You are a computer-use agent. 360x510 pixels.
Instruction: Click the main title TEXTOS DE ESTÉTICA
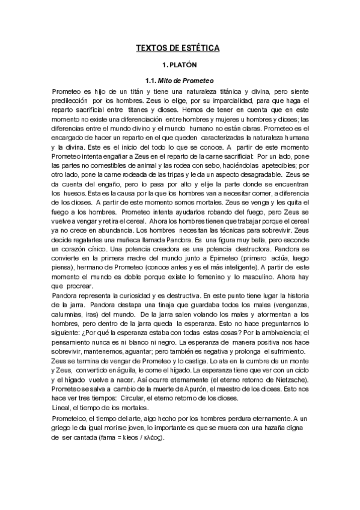[180, 47]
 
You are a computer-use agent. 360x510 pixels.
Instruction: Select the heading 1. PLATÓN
[180, 64]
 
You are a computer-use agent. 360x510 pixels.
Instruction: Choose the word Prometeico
[72, 418]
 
